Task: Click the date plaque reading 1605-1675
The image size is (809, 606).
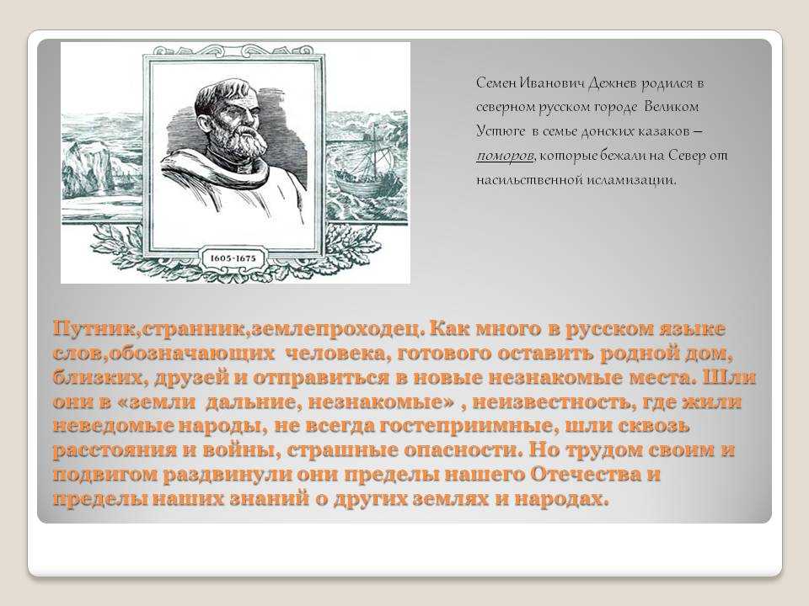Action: pyautogui.click(x=233, y=258)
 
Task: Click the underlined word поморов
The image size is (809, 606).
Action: pyautogui.click(x=505, y=157)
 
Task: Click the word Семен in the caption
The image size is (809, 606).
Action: pyautogui.click(x=495, y=83)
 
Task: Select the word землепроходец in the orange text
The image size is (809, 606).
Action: pyautogui.click(x=336, y=329)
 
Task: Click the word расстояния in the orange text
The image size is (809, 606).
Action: pyautogui.click(x=115, y=450)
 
